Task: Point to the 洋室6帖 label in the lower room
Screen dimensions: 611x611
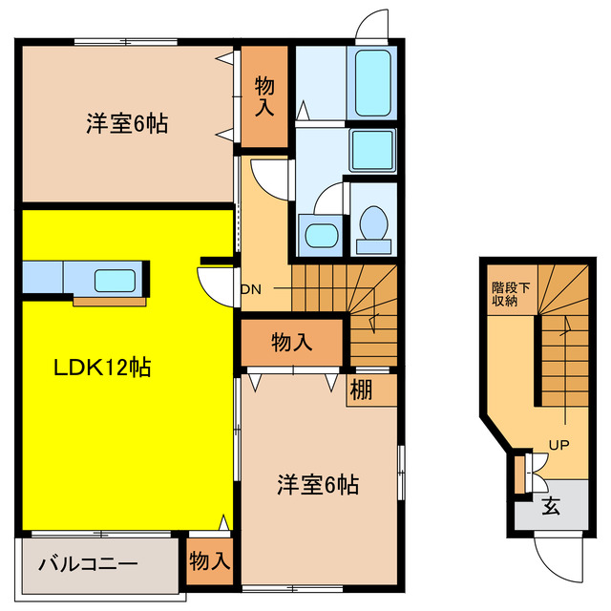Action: click(318, 484)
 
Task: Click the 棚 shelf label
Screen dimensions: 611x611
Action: click(360, 390)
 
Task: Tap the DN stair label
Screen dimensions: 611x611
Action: click(250, 288)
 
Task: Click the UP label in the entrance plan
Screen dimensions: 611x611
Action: click(559, 444)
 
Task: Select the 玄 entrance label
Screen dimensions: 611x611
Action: click(552, 506)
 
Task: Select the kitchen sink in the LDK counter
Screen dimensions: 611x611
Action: click(115, 281)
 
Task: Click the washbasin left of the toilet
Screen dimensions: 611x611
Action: click(317, 235)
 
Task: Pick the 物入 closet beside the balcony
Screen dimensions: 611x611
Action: click(209, 560)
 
